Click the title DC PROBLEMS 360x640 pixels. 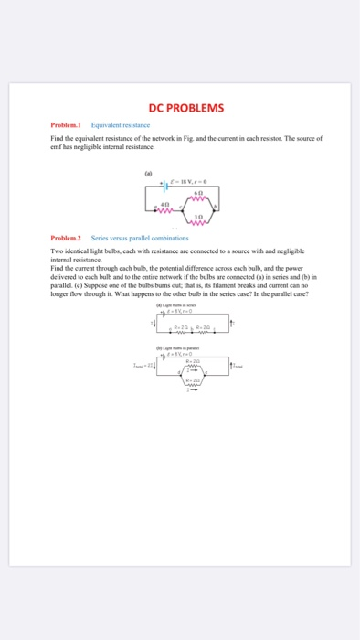(180, 110)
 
